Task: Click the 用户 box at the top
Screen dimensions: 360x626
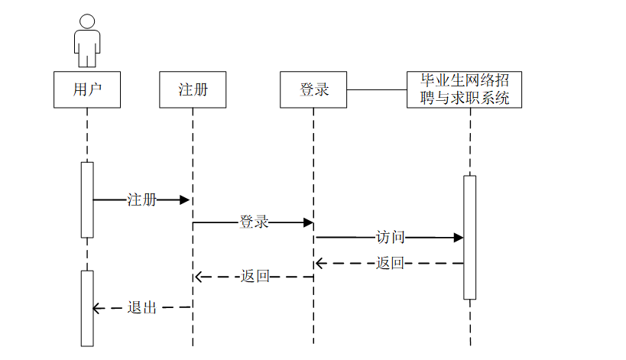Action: point(87,89)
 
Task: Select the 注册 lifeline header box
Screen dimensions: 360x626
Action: point(193,89)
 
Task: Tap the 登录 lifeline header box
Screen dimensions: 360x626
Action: point(313,89)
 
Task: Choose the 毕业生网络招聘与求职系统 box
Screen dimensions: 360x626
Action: point(465,89)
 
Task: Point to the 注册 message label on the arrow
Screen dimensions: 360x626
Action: point(141,200)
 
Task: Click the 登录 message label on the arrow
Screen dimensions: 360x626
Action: point(254,222)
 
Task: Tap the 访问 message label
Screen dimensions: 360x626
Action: point(390,237)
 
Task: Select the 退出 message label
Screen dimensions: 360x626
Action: point(141,307)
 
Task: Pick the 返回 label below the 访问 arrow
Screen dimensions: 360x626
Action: point(390,263)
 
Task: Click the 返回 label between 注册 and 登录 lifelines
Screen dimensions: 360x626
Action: point(255,277)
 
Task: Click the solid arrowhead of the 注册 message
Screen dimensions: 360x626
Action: point(184,200)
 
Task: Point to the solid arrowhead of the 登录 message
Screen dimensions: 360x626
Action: point(308,222)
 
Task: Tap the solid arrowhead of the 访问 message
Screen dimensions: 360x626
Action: point(459,238)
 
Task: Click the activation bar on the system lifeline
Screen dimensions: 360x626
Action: point(469,237)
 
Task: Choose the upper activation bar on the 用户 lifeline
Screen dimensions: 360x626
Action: point(87,199)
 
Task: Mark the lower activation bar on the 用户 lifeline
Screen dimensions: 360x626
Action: point(87,307)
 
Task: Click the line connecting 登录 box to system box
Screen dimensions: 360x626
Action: point(377,89)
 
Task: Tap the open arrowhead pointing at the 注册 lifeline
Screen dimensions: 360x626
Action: point(199,277)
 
